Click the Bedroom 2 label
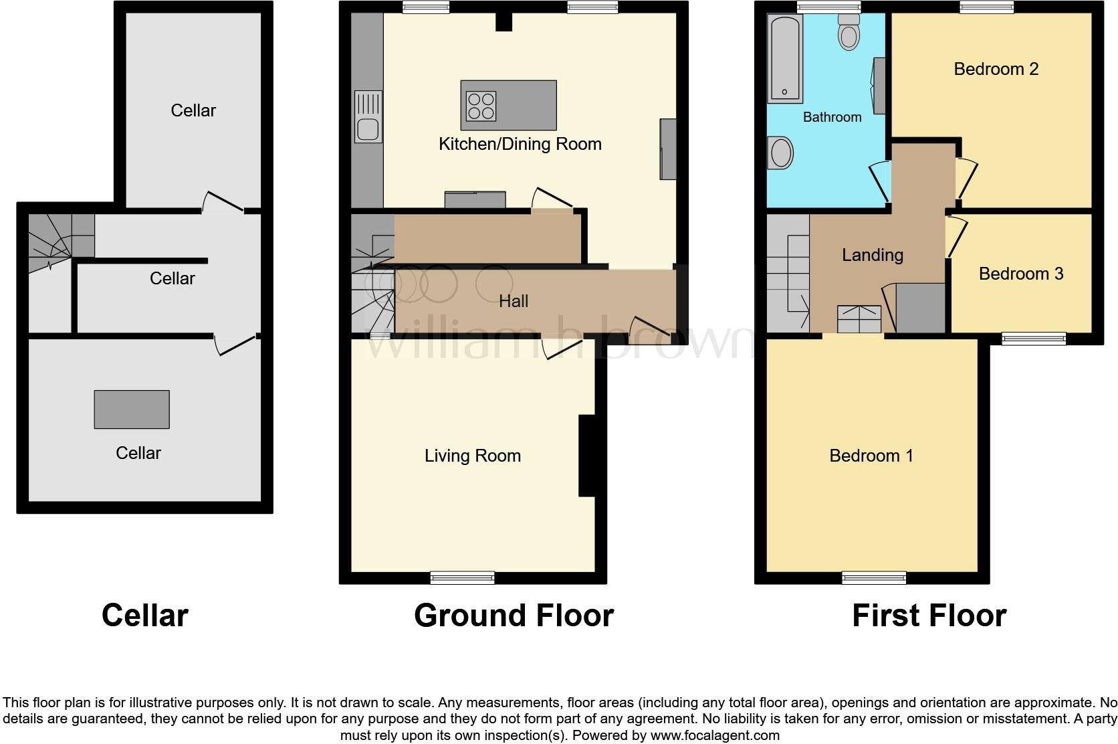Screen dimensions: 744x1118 pyautogui.click(x=996, y=69)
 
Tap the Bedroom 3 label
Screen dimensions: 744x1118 pyautogui.click(x=1020, y=274)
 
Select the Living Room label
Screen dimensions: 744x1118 pyautogui.click(x=472, y=456)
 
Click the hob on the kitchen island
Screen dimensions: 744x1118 pyautogui.click(x=481, y=106)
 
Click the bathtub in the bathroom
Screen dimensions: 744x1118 pyautogui.click(x=786, y=59)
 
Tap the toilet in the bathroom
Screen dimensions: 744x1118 pyautogui.click(x=849, y=33)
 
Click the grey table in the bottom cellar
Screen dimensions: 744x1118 pyautogui.click(x=132, y=409)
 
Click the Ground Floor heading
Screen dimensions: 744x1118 pyautogui.click(x=513, y=616)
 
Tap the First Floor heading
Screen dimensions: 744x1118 pyautogui.click(x=929, y=616)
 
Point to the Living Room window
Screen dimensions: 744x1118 pyautogui.click(x=462, y=577)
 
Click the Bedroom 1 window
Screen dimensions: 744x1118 pyautogui.click(x=874, y=577)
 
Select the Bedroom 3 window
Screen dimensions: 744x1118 pyautogui.click(x=1034, y=339)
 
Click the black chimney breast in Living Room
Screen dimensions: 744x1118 pyautogui.click(x=586, y=456)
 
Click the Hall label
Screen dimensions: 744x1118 pyautogui.click(x=513, y=301)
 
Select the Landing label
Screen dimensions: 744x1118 pyautogui.click(x=872, y=255)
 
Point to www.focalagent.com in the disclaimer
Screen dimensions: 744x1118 pyautogui.click(x=715, y=735)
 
